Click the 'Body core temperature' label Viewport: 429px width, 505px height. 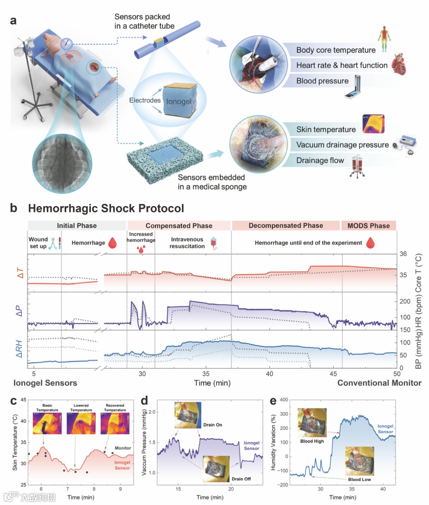tap(336, 50)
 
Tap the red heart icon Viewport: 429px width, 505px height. tap(399, 65)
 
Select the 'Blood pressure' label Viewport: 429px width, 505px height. tap(322, 81)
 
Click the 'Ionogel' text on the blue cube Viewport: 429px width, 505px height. tap(179, 101)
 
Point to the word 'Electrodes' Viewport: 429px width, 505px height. tap(145, 100)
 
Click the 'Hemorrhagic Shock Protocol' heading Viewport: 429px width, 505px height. tap(106, 208)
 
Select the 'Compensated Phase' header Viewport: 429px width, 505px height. tap(179, 226)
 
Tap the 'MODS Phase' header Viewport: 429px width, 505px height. tap(369, 226)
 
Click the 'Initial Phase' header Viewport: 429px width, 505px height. tap(77, 226)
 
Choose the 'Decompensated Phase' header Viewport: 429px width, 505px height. tap(286, 226)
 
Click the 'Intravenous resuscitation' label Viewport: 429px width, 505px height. tap(187, 243)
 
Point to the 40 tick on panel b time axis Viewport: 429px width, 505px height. tap(269, 374)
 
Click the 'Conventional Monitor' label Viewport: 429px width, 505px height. tap(379, 383)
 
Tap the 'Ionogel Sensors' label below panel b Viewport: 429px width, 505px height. tap(45, 383)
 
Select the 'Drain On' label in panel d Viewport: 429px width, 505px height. tap(213, 425)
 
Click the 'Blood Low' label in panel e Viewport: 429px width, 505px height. tap(359, 479)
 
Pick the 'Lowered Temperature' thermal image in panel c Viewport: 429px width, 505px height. tap(81, 424)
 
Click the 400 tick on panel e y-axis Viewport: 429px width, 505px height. tap(284, 400)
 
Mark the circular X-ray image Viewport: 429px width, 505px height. tap(62, 163)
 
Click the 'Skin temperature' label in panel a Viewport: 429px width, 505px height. tap(326, 129)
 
